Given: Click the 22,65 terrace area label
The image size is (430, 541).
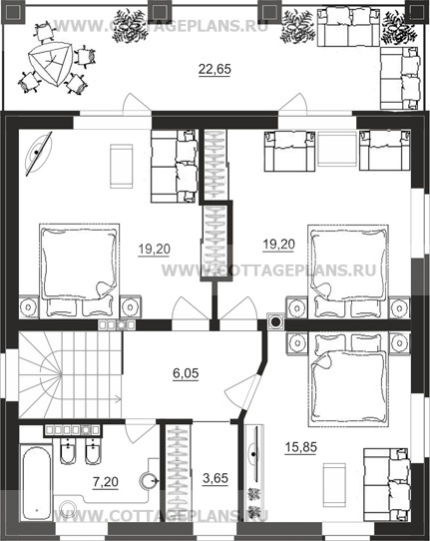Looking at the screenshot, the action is click(x=215, y=69).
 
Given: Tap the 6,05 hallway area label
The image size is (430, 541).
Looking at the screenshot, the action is click(x=186, y=373).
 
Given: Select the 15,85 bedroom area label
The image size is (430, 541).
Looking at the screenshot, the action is click(x=300, y=447).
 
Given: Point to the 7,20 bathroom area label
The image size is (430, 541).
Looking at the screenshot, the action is click(x=106, y=482).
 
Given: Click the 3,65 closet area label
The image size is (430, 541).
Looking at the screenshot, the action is click(x=215, y=478).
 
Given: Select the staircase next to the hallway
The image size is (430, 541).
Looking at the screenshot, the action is click(x=70, y=375).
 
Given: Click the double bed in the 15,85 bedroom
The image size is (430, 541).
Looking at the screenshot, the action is click(x=347, y=379).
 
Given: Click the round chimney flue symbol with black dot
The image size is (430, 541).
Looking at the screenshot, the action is click(x=275, y=322).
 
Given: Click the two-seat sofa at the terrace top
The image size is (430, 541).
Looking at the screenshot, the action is click(x=348, y=27).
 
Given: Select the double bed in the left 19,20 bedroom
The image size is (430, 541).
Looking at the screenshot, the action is click(x=79, y=270).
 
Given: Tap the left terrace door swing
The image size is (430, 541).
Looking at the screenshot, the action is click(x=138, y=104).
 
